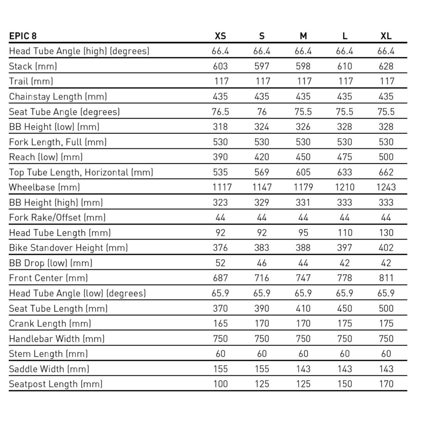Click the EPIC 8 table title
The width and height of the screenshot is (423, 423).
[x=23, y=36]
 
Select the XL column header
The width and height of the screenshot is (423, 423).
[x=386, y=36]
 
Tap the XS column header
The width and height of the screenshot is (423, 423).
[x=220, y=36]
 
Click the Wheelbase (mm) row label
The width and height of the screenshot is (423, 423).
[x=44, y=187]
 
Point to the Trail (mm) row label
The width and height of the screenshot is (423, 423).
[x=31, y=81]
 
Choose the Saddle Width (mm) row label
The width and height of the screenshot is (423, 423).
[x=49, y=369]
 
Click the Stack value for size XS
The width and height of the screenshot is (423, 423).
[x=220, y=66]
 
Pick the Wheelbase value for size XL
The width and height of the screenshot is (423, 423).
[x=386, y=187]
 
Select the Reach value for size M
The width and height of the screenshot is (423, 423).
[x=303, y=157]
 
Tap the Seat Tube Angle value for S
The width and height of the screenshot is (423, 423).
[x=262, y=112]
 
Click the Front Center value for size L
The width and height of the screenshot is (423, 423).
[x=344, y=278]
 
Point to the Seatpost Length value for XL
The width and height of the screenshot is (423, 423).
[x=386, y=384]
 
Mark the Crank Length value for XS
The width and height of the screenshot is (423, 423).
[x=220, y=323]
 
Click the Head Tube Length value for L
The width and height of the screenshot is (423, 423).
[x=344, y=233]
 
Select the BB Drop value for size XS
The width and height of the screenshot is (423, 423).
[x=220, y=263]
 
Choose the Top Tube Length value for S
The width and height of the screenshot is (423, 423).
[x=262, y=172]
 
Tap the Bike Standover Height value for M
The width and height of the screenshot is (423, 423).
[x=303, y=248]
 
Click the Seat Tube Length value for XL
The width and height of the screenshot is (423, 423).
[x=386, y=308]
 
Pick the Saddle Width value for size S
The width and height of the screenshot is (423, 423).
[x=262, y=369]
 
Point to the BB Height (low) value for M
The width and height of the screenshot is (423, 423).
[x=303, y=127]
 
